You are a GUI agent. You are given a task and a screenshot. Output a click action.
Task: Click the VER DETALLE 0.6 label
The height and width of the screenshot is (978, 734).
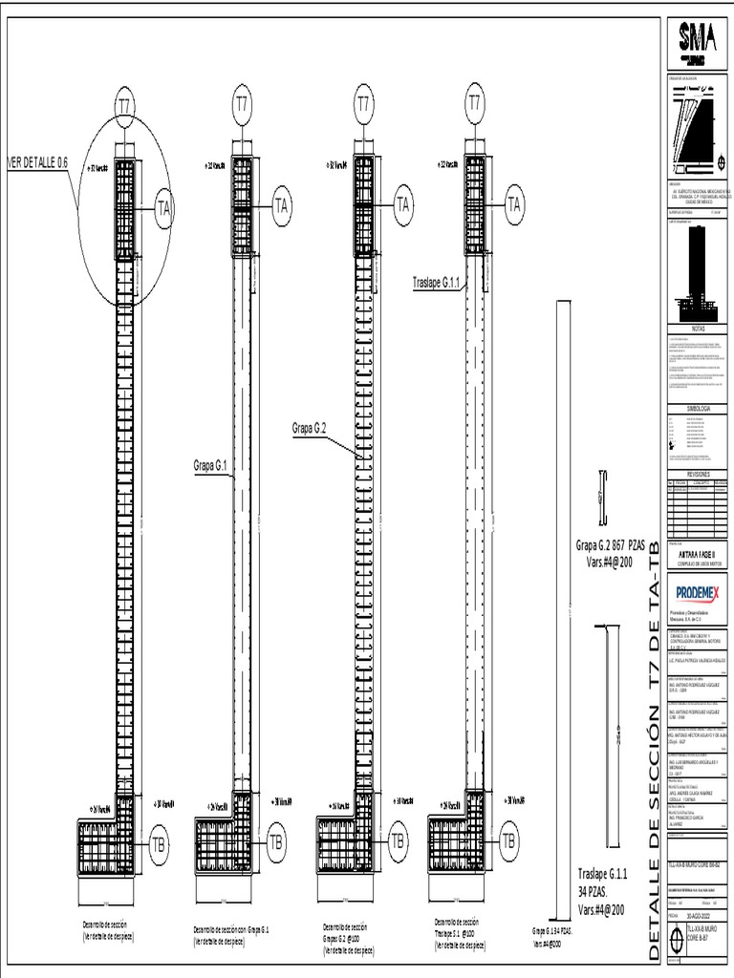38,159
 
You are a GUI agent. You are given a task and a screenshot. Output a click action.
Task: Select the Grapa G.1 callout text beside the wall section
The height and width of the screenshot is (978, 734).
210,466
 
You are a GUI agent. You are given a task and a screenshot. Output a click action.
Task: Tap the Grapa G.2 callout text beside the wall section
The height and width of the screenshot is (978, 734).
310,429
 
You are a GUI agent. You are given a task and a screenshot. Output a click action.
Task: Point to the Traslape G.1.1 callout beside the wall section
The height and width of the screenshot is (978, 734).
437,283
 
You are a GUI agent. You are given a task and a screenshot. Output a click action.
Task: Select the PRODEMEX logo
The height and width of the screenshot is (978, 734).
697,593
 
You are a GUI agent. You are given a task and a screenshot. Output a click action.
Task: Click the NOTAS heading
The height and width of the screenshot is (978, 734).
697,327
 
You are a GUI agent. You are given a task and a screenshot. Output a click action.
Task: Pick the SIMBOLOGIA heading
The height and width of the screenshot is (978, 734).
697,408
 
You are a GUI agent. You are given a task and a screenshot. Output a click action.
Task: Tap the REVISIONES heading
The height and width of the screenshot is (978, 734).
697,473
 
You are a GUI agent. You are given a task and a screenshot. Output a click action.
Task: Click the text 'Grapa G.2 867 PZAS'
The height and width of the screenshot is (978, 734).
610,546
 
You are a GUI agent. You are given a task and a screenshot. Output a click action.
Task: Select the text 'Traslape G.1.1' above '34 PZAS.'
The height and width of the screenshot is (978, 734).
602,873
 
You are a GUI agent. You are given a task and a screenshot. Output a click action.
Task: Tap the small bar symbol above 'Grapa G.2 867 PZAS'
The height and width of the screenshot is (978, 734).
602,499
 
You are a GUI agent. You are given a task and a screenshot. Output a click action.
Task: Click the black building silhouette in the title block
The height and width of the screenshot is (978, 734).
696,270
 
